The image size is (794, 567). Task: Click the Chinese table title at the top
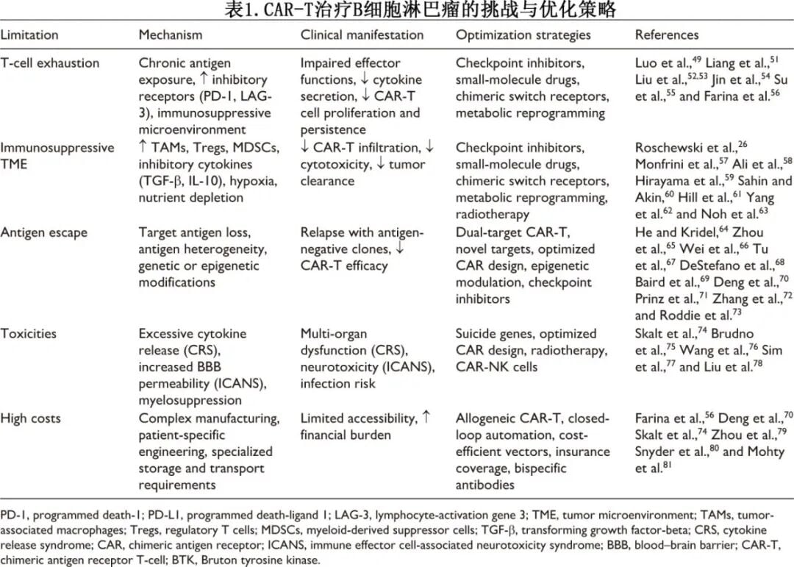[397, 11]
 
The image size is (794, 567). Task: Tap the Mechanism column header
[170, 35]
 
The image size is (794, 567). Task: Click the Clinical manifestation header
[362, 35]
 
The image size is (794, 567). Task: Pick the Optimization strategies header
[523, 35]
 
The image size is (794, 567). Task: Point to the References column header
[667, 35]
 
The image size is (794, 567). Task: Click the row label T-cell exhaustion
[50, 63]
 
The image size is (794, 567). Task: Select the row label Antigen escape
[44, 232]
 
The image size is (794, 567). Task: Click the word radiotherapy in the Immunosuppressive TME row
[492, 215]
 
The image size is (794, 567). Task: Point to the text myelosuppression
[190, 401]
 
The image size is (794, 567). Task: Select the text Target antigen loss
[194, 232]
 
